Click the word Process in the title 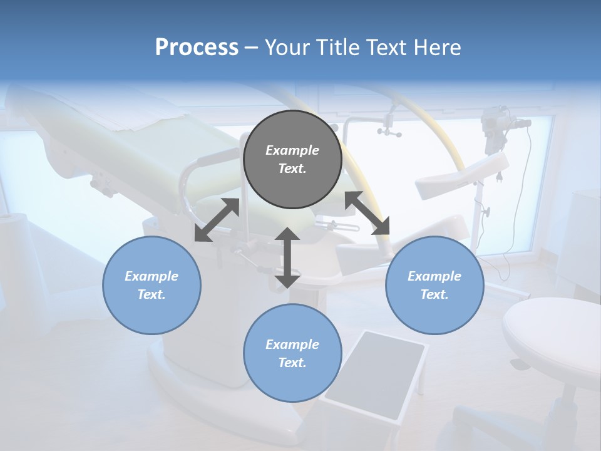tap(197, 48)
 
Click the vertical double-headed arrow tap(287, 257)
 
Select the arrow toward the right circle tap(367, 213)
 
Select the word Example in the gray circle tap(292, 150)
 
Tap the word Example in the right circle tap(434, 276)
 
